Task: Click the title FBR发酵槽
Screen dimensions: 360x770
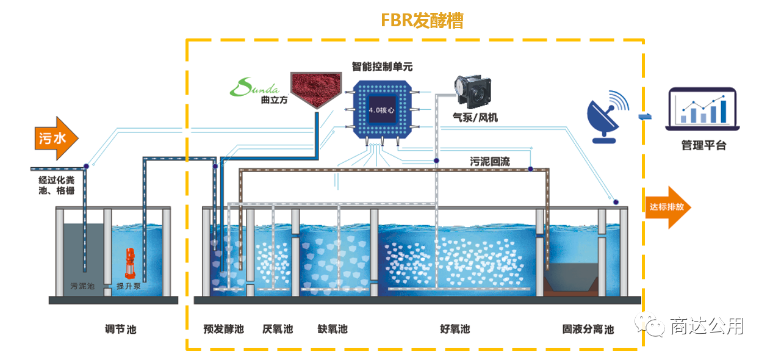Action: (422, 21)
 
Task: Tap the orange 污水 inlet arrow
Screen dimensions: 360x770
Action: (56, 138)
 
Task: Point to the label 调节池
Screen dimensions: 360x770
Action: (120, 329)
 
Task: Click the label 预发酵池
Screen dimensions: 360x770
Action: (223, 329)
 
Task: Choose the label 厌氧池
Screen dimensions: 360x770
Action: (278, 329)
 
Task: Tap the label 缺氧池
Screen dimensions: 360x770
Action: (333, 329)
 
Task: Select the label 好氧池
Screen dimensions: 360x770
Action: (455, 329)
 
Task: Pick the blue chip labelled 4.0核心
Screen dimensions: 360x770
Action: (383, 110)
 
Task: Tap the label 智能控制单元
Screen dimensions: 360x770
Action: (382, 66)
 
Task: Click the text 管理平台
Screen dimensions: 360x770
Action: (703, 146)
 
